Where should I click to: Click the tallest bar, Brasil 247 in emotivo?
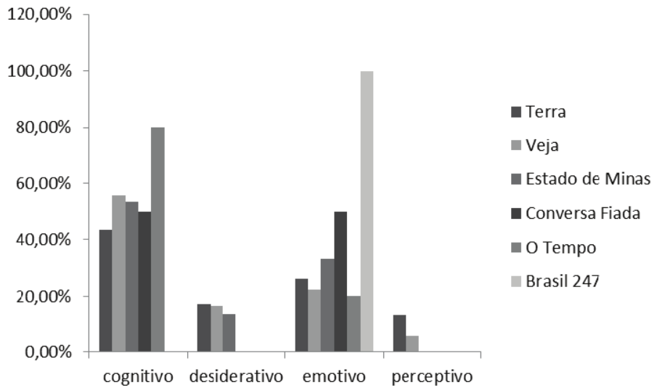367,212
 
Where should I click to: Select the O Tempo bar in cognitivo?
158,240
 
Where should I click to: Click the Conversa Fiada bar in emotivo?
340,282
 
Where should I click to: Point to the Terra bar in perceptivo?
399,334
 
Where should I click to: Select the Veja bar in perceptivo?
412,344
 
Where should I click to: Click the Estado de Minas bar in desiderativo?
229,333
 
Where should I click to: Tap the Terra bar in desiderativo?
203,328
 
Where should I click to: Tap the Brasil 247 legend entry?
562,282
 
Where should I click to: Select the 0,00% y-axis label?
44,353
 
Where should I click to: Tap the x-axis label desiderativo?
235,377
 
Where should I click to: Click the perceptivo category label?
431,377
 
